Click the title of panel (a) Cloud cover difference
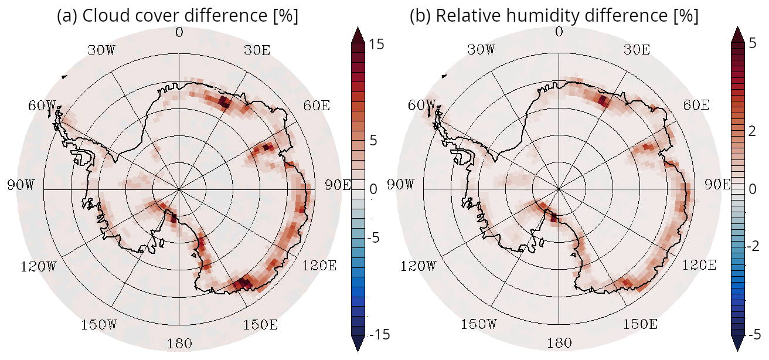pyautogui.click(x=178, y=16)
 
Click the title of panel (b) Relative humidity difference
pyautogui.click(x=554, y=16)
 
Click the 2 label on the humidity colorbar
pyautogui.click(x=752, y=131)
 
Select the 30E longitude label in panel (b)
pyautogui.click(x=637, y=50)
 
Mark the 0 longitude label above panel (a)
pyautogui.click(x=179, y=32)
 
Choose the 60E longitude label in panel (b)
pyautogui.click(x=696, y=106)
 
